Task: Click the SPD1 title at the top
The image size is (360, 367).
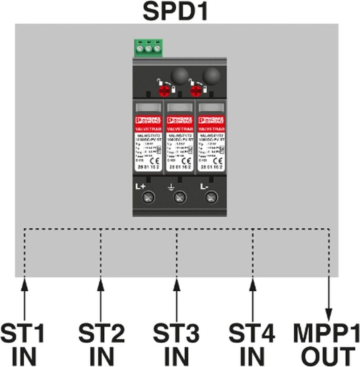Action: (x=176, y=11)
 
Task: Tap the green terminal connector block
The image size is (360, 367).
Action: (x=148, y=48)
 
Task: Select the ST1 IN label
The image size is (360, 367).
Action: (x=23, y=344)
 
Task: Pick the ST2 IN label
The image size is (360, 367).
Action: (x=101, y=344)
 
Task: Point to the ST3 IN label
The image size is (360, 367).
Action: (x=176, y=344)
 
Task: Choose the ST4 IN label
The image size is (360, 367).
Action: (x=252, y=344)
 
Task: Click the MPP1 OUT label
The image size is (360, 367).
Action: (x=326, y=344)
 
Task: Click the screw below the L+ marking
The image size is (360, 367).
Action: (x=148, y=197)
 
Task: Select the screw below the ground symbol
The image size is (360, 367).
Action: (x=180, y=197)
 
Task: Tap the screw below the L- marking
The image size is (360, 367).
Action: (x=211, y=197)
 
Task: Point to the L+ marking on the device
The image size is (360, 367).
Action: (x=140, y=186)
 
